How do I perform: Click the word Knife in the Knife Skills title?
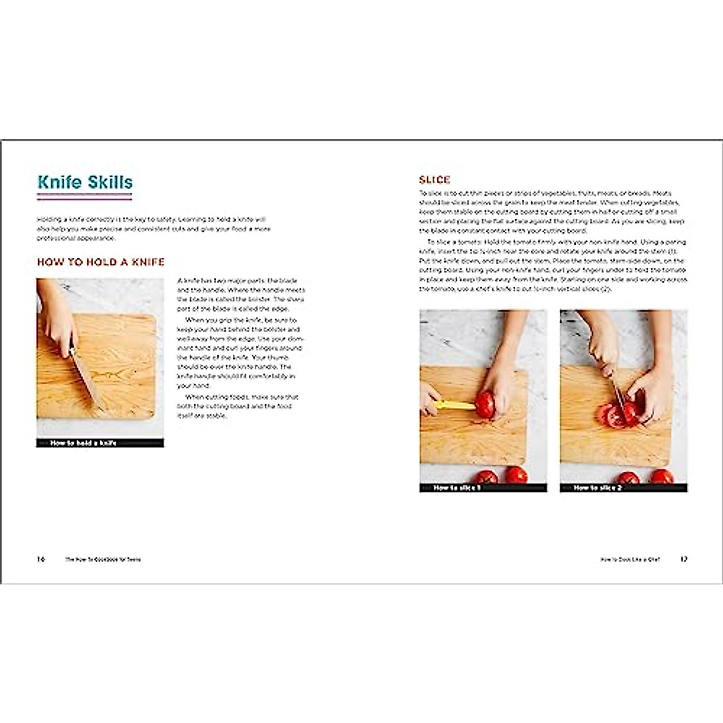tap(59, 182)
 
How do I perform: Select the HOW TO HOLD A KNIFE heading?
tap(101, 262)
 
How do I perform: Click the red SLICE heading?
tap(434, 180)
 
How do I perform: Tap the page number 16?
tap(41, 559)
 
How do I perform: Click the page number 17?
tap(683, 559)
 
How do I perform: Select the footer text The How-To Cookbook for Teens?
tap(103, 560)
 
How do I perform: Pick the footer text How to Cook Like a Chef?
tap(630, 560)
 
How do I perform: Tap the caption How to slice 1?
tap(457, 488)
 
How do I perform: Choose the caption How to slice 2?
tap(597, 488)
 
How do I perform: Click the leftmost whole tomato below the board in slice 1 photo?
tap(487, 477)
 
